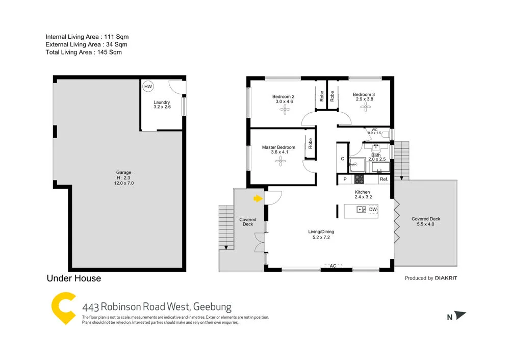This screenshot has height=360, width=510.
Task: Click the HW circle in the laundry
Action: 148,87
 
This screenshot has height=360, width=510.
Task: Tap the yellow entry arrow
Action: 258,198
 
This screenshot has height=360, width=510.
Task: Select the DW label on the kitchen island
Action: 373,210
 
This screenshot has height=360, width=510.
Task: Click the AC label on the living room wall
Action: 333,266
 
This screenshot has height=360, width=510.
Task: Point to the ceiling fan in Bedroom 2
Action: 283,109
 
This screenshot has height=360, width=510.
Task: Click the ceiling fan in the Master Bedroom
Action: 279,161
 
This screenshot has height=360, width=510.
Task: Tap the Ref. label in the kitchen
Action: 384,179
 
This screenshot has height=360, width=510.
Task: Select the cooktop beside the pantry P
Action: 359,179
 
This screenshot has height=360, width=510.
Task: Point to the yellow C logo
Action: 64,308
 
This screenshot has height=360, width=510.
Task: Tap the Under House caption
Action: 74,278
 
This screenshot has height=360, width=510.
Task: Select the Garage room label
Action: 123,172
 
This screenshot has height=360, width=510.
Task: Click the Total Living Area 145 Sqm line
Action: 84,52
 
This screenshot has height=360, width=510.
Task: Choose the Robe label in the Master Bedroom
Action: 310,143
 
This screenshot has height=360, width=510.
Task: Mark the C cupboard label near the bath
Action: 342,159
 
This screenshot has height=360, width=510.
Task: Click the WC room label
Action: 374,130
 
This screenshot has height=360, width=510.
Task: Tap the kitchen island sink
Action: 361,209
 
